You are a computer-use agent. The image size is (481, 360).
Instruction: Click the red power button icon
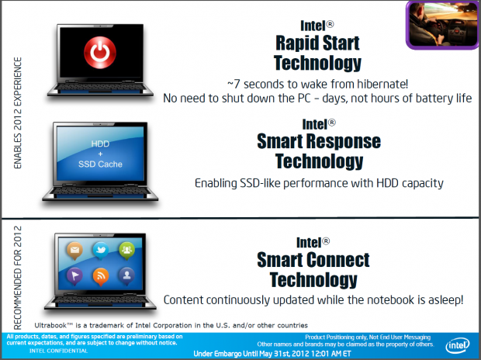pos(100,53)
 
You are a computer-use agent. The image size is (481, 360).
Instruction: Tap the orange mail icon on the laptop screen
pos(74,251)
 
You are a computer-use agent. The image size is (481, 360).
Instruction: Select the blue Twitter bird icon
pos(101,251)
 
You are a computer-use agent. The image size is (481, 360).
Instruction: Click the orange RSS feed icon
pos(101,276)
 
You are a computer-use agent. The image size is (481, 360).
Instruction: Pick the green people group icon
pos(126,251)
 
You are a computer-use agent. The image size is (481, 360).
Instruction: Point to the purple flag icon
pos(74,276)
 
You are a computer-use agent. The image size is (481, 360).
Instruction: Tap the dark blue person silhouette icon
pos(126,276)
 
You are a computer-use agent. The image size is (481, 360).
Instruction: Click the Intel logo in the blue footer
pos(458,345)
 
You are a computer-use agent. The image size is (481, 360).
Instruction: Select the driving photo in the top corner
pos(443,25)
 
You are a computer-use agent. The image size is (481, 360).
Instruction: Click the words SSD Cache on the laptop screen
pos(100,164)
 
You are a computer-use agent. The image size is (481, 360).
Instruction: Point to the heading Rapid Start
pos(317,43)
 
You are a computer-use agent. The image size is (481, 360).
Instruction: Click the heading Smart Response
pos(319,141)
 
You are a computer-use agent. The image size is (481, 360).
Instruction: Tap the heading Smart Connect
pos(313,260)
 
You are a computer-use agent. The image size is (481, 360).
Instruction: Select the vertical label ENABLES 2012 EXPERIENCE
pos(18,113)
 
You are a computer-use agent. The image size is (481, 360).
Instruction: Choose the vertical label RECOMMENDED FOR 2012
pos(18,278)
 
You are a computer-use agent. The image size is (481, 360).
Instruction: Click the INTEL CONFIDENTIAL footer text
pos(59,351)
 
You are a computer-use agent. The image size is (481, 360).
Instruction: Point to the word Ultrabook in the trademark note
pos(50,325)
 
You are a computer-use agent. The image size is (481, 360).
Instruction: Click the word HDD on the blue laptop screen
pos(100,144)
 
